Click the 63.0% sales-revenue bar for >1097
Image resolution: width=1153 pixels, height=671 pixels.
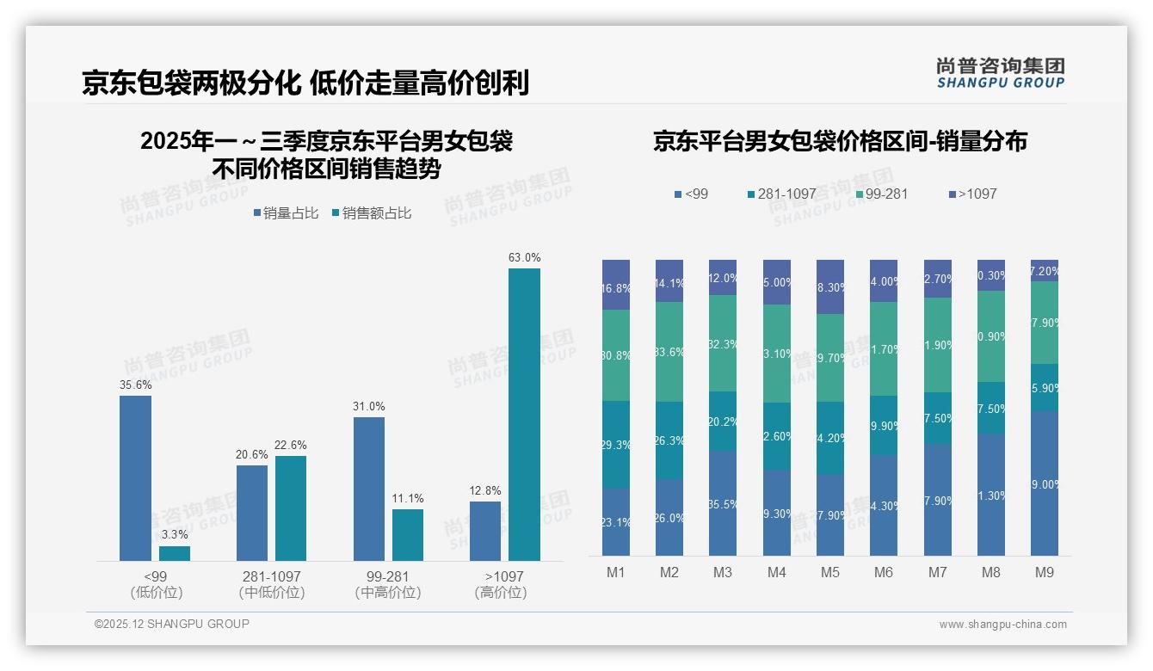tap(524, 415)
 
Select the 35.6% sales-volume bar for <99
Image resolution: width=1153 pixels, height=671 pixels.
tap(135, 478)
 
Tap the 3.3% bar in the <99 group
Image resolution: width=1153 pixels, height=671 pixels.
tap(175, 553)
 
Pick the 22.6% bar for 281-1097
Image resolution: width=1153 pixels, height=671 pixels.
tap(291, 508)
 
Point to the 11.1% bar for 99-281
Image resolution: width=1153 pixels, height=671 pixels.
tap(408, 535)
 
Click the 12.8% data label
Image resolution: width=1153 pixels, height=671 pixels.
tap(485, 491)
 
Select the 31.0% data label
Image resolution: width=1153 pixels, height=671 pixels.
tap(368, 406)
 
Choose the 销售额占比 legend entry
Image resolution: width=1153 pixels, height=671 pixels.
tap(371, 213)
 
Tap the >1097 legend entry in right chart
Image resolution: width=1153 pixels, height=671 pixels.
tap(972, 194)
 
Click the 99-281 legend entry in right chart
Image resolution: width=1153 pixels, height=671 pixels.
tap(881, 194)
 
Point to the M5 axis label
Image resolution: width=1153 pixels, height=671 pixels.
tap(829, 572)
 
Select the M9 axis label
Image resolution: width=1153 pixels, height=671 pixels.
tap(1044, 572)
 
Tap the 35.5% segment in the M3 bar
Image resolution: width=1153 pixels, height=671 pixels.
tap(723, 503)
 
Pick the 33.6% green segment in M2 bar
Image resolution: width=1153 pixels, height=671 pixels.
tap(669, 352)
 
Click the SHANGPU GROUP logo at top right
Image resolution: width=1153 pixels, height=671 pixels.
tap(1000, 73)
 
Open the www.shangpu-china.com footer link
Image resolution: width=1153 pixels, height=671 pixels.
tap(1002, 625)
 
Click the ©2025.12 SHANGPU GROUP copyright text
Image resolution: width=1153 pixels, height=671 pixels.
tap(172, 624)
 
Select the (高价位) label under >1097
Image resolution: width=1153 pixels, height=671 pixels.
tap(501, 593)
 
